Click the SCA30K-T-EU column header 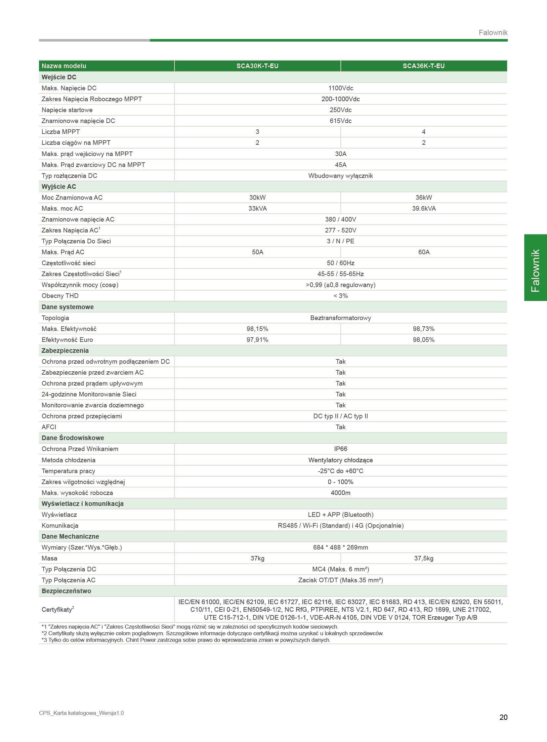click(x=257, y=66)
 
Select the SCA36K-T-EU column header click(x=424, y=66)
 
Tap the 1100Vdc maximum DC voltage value click(x=340, y=88)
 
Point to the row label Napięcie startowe click(x=67, y=110)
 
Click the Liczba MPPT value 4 click(x=424, y=132)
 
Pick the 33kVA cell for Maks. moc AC click(x=257, y=208)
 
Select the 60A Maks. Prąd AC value click(x=424, y=252)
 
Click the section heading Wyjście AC click(x=59, y=186)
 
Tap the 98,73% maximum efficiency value click(x=424, y=329)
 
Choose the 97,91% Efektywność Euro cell click(x=257, y=340)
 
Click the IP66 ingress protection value click(x=340, y=449)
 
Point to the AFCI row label click(x=49, y=427)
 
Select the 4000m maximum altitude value click(x=340, y=493)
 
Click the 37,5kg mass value click(x=424, y=558)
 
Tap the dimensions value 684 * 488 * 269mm click(x=340, y=547)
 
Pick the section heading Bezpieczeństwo click(x=66, y=591)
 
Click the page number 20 click(x=503, y=717)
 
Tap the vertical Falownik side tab click(x=535, y=268)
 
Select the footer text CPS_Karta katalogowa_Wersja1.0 click(x=81, y=713)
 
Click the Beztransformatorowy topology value click(x=340, y=318)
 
